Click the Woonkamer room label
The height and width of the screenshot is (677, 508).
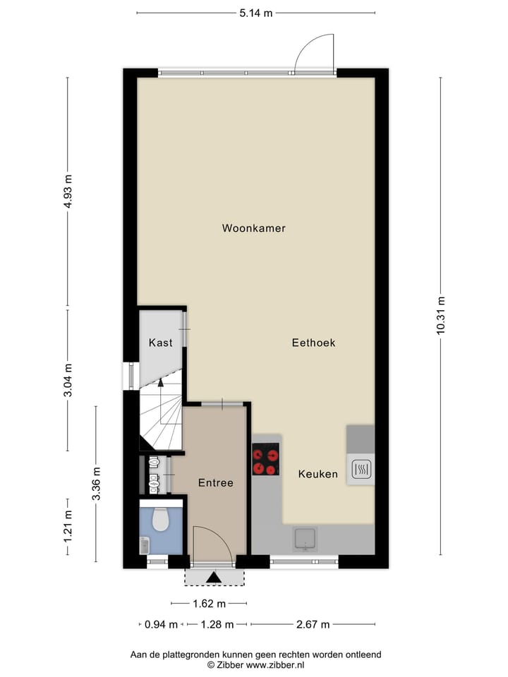[253, 228]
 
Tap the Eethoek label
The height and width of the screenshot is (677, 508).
[313, 343]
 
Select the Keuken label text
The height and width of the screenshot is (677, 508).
[317, 474]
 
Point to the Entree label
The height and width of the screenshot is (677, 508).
[215, 483]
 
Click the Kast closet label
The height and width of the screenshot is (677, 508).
[161, 343]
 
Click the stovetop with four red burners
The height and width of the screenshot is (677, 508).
[266, 460]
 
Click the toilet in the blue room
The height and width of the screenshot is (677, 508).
[161, 519]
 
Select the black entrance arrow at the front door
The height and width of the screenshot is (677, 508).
[214, 578]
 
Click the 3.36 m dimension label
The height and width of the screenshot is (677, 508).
[96, 484]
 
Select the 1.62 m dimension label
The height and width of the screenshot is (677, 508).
[209, 603]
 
